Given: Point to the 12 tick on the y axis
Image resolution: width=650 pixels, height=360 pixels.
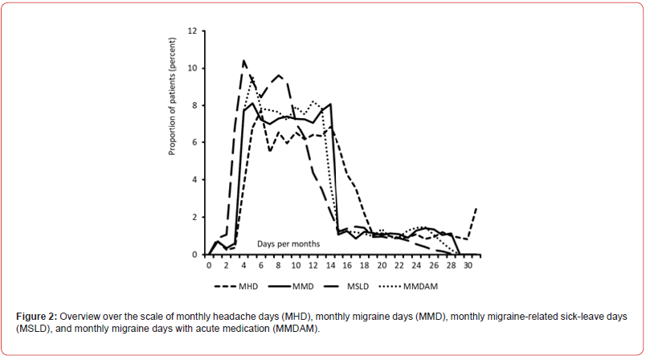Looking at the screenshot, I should pos(191,31).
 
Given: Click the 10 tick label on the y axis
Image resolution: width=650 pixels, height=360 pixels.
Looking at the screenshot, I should pos(191,68).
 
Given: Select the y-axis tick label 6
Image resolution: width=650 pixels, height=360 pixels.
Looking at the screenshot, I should pos(194,143).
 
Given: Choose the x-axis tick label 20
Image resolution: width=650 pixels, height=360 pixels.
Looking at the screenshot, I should pos(382,264).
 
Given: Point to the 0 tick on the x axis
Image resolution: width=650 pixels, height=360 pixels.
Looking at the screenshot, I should pos(209,264).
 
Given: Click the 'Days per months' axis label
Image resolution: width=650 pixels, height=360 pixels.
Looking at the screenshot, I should pos(288,243).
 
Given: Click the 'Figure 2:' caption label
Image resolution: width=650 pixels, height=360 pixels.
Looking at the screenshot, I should pos(36,316).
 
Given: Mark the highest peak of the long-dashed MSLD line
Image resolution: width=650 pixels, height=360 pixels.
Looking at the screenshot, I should pos(244,60).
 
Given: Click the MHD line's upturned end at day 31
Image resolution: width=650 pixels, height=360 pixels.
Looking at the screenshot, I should pos(477,208).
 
